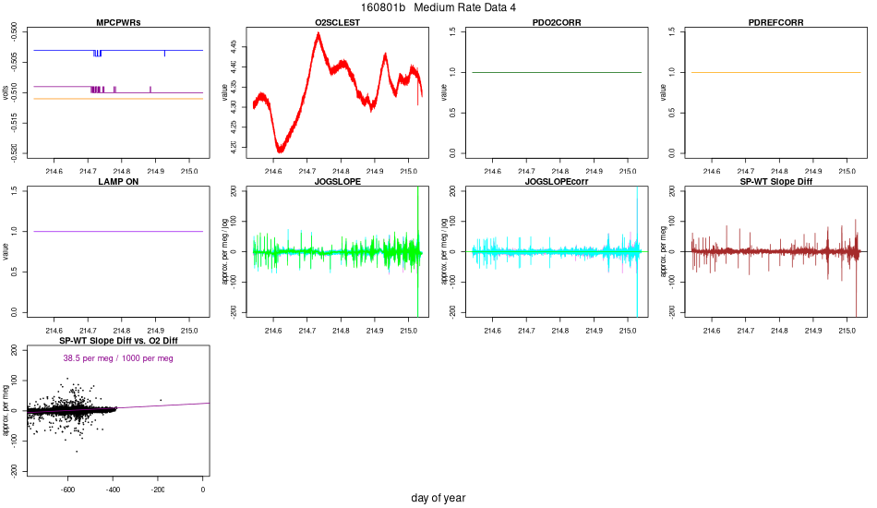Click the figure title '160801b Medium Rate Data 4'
(438, 7)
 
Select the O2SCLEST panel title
(337, 22)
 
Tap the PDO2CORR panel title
(557, 22)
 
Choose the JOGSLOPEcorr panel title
(557, 182)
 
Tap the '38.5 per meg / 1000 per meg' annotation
(117, 358)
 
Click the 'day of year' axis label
(438, 498)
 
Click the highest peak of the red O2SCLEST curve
(318, 33)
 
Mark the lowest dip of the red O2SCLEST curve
(281, 151)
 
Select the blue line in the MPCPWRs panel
(138, 50)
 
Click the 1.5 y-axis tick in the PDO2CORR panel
(451, 31)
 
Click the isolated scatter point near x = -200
(161, 400)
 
